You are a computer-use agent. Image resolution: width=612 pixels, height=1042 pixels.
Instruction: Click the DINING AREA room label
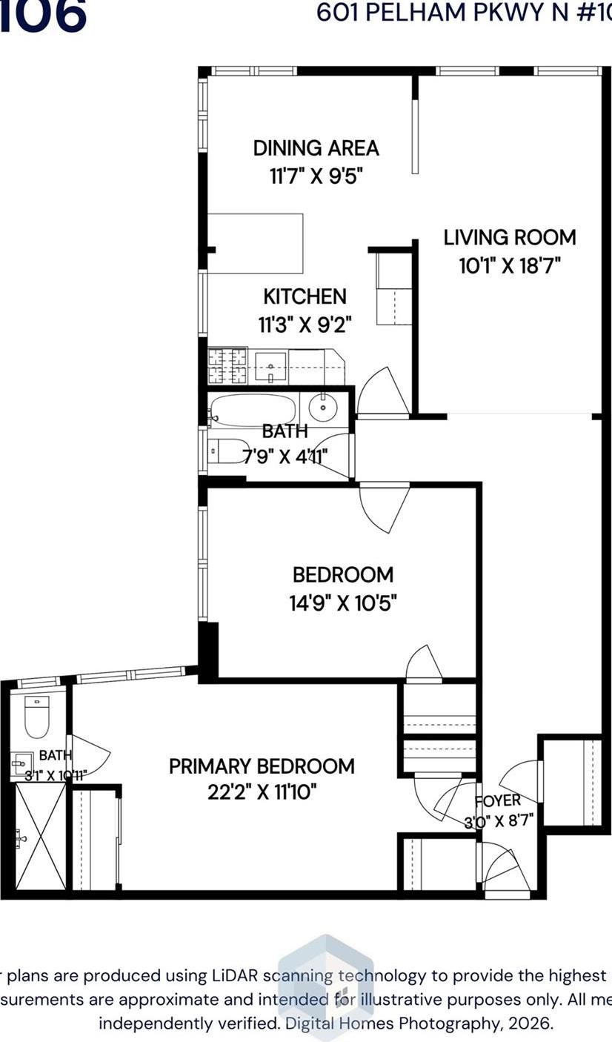click(316, 148)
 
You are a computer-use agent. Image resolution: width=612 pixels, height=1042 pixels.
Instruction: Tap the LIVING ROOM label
click(509, 238)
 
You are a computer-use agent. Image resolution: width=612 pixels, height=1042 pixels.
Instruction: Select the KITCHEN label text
click(305, 296)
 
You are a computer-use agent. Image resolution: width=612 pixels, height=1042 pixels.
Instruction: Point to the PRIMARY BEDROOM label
click(262, 766)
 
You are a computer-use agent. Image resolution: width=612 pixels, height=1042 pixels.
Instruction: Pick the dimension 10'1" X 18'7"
click(509, 265)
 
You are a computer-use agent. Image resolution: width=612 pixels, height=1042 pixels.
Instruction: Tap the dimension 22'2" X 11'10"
click(262, 793)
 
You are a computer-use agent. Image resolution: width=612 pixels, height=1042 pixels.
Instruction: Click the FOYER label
click(498, 800)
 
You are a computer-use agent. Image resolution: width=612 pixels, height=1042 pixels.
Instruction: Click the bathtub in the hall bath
click(252, 410)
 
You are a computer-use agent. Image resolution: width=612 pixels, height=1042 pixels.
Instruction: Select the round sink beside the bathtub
click(323, 408)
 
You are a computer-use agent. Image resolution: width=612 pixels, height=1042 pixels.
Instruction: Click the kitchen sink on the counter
click(270, 366)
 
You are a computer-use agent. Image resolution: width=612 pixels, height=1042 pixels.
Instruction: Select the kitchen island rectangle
click(256, 243)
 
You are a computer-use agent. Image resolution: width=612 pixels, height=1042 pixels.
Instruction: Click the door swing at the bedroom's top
click(384, 508)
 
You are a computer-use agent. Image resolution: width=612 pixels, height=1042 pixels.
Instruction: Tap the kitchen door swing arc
click(384, 393)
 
